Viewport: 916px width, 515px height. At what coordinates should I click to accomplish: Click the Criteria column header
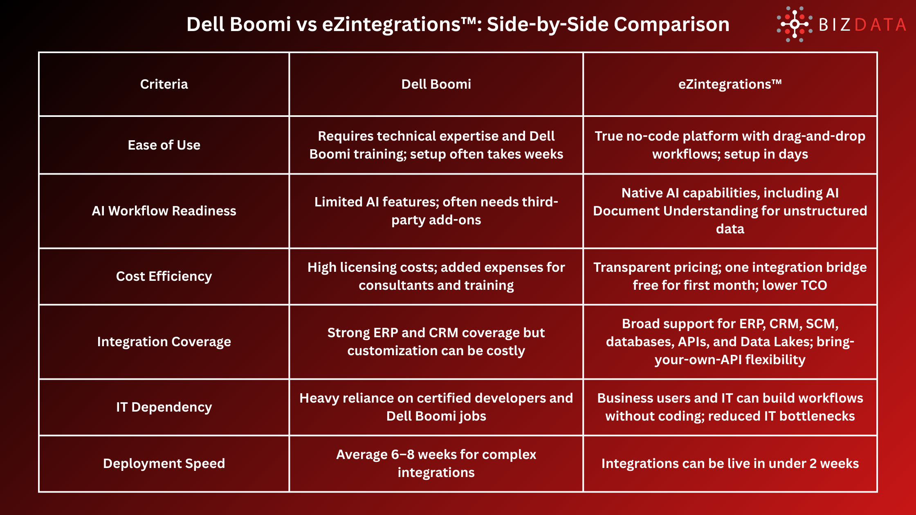[x=164, y=84]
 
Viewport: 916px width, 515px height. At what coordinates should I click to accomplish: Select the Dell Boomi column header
[x=436, y=84]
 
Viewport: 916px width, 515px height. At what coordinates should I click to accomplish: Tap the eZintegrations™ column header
[x=730, y=84]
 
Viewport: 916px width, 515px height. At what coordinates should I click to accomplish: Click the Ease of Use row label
[x=164, y=145]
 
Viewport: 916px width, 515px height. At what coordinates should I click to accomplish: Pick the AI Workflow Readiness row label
[x=164, y=211]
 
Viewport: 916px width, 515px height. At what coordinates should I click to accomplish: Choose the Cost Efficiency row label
[x=164, y=276]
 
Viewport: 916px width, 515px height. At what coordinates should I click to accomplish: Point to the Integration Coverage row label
[x=164, y=342]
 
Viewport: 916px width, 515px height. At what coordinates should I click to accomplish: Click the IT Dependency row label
[x=164, y=407]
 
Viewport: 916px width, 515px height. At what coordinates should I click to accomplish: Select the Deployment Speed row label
[x=164, y=463]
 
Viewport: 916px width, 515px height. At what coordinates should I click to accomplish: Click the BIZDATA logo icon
[x=794, y=25]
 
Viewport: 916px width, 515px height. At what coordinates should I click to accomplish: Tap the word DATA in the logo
[x=880, y=25]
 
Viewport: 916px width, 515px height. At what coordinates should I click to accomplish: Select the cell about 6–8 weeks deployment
[x=436, y=463]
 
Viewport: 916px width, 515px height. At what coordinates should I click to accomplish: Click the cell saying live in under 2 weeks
[x=730, y=463]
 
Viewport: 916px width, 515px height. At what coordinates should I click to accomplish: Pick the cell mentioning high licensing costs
[x=436, y=276]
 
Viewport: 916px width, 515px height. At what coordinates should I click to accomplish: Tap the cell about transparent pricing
[x=730, y=276]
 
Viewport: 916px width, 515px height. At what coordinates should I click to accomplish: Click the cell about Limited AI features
[x=436, y=211]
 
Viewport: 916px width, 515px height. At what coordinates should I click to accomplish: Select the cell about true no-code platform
[x=730, y=145]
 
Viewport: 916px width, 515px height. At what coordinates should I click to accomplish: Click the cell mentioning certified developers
[x=436, y=407]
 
